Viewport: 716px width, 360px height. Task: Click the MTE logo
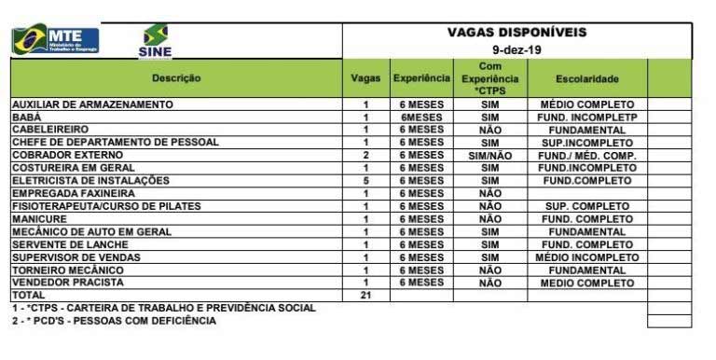pyautogui.click(x=55, y=38)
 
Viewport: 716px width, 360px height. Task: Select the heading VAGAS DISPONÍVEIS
pyautogui.click(x=516, y=32)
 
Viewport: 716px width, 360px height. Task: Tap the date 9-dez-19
pyautogui.click(x=516, y=48)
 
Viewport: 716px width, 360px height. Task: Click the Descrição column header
pyautogui.click(x=176, y=78)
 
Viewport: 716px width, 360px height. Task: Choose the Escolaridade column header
pyautogui.click(x=586, y=78)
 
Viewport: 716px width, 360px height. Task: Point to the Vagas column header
pyautogui.click(x=365, y=78)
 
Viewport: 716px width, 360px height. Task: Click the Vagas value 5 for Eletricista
pyautogui.click(x=365, y=180)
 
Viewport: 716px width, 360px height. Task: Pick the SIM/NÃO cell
pyautogui.click(x=489, y=155)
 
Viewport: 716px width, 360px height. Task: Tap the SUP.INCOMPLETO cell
pyautogui.click(x=586, y=142)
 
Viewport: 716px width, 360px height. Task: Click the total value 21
pyautogui.click(x=365, y=295)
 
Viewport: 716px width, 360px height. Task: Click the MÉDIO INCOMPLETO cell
pyautogui.click(x=586, y=256)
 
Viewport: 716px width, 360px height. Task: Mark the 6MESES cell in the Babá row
pyautogui.click(x=420, y=117)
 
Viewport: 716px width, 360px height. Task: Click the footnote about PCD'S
pyautogui.click(x=114, y=321)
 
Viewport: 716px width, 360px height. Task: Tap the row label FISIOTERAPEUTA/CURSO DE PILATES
pyautogui.click(x=105, y=206)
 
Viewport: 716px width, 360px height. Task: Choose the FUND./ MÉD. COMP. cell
pyautogui.click(x=586, y=155)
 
